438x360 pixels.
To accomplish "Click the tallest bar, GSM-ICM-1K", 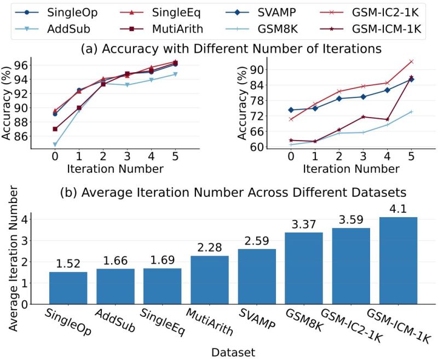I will [398, 260].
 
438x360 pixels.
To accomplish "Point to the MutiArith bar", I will [210, 280].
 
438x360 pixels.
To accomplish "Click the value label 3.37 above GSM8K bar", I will [304, 224].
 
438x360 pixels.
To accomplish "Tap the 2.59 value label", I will [257, 240].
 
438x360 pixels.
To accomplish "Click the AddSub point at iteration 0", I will [55, 144].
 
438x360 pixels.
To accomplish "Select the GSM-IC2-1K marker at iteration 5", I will [411, 61].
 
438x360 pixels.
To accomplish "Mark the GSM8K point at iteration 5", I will [411, 112].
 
